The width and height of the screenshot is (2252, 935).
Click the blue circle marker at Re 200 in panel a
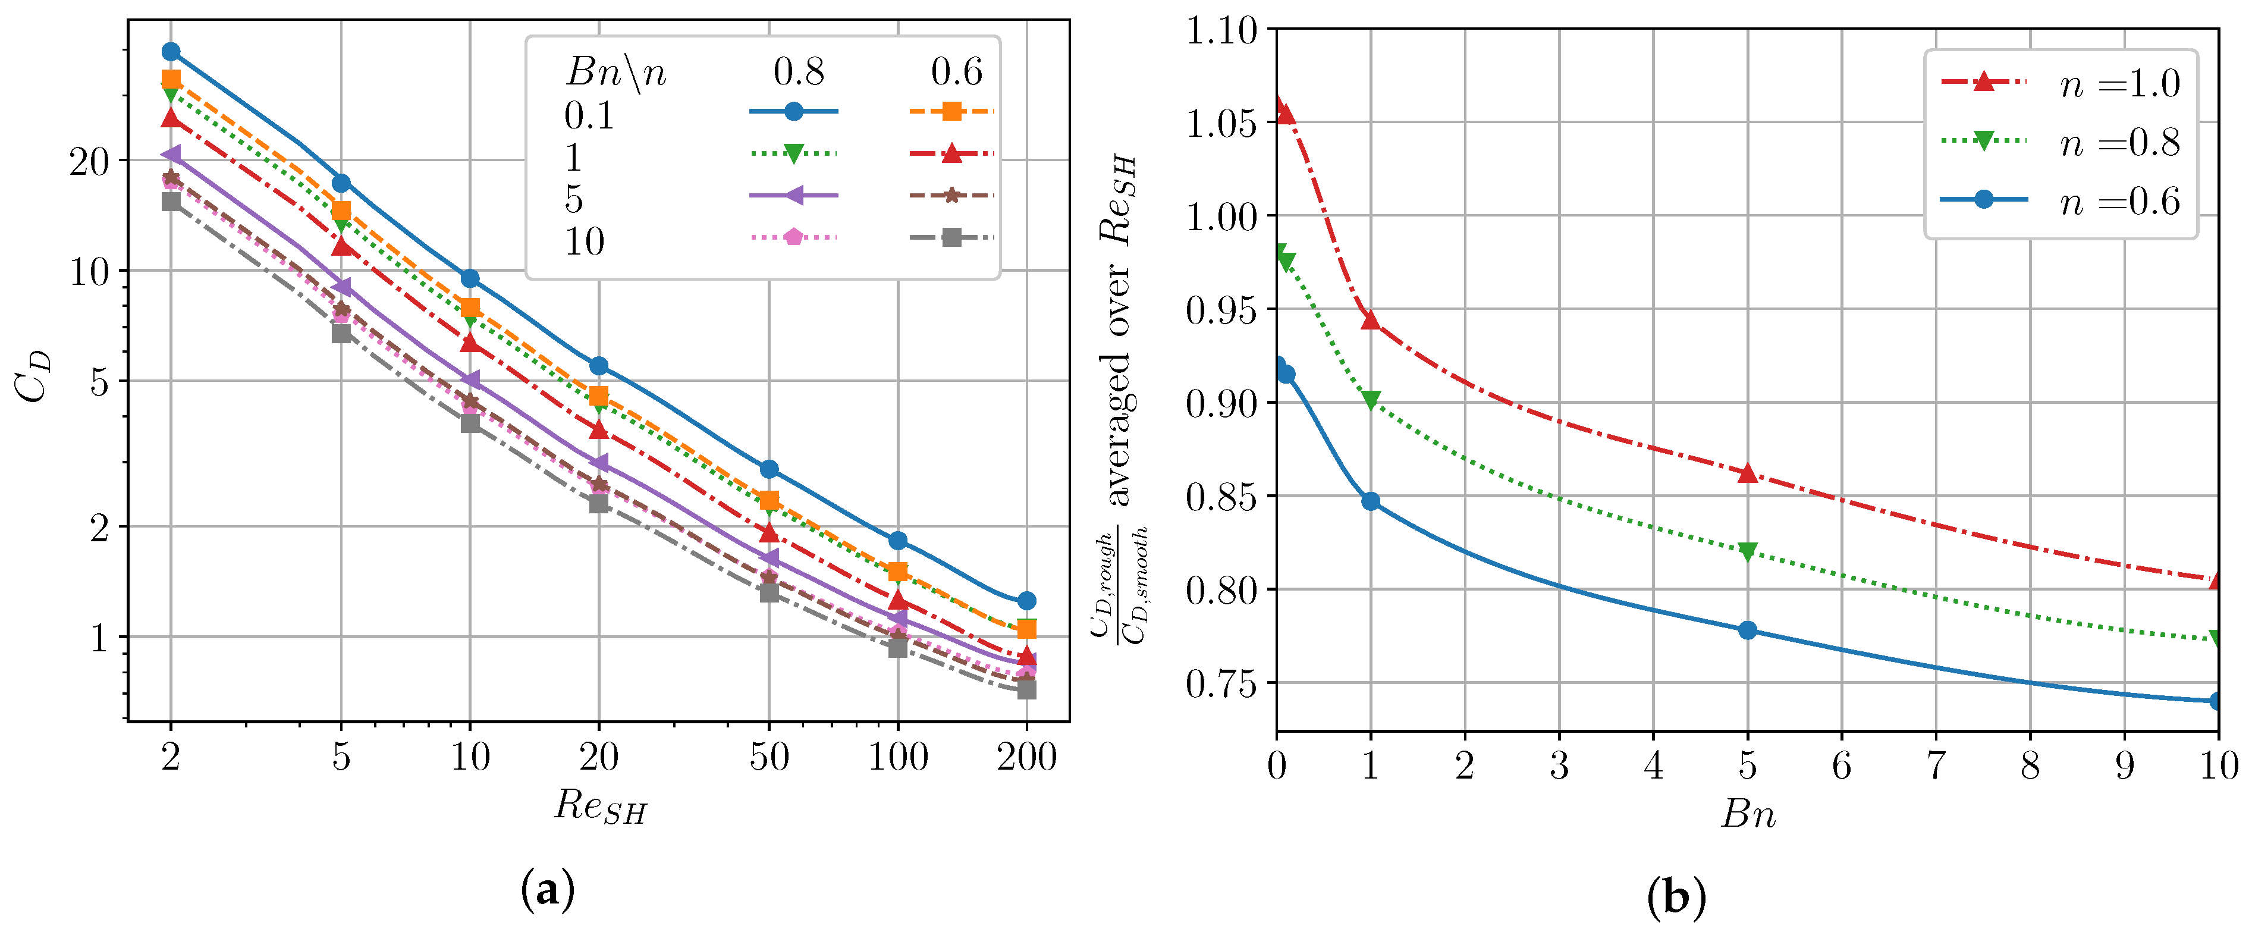point(1026,601)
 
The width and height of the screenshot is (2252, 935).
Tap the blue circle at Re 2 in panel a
point(171,52)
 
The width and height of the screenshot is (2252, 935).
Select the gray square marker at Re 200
point(1026,690)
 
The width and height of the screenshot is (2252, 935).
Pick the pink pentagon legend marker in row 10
point(793,237)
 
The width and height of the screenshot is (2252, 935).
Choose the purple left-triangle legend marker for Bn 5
point(793,195)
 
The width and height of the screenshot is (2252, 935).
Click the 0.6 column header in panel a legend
point(956,72)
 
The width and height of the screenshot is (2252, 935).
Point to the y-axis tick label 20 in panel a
point(89,162)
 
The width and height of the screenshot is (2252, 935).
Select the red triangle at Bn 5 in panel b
point(1747,473)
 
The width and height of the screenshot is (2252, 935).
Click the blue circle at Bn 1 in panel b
point(1370,501)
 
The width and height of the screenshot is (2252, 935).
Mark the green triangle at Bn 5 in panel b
point(1747,551)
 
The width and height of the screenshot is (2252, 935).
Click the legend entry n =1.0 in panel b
point(2119,84)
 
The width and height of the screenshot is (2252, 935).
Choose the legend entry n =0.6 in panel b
point(2119,202)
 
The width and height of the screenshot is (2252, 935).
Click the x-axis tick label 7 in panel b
point(1936,766)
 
